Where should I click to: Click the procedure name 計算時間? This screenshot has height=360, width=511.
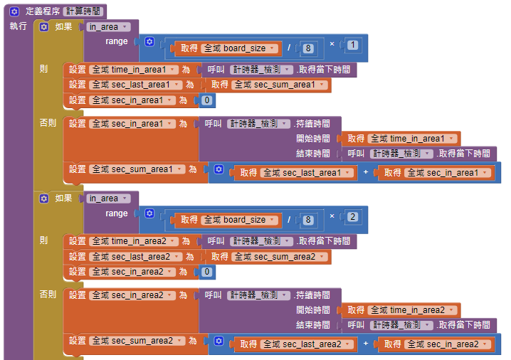[84, 11]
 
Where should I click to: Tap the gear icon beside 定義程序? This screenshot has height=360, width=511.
[14, 11]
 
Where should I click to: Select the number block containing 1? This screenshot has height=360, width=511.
[353, 46]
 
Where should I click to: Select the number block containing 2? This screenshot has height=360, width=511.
[353, 216]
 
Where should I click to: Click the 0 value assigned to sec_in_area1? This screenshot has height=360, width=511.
[206, 100]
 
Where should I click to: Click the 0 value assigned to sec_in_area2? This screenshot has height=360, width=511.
[206, 272]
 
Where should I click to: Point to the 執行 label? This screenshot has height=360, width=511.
[19, 26]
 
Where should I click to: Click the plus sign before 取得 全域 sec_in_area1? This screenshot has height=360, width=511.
[366, 173]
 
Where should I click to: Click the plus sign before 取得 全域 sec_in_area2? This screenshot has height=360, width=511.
[366, 344]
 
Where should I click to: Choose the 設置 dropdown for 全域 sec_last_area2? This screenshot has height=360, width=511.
[137, 256]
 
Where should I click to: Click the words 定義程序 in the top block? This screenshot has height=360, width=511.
[42, 11]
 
